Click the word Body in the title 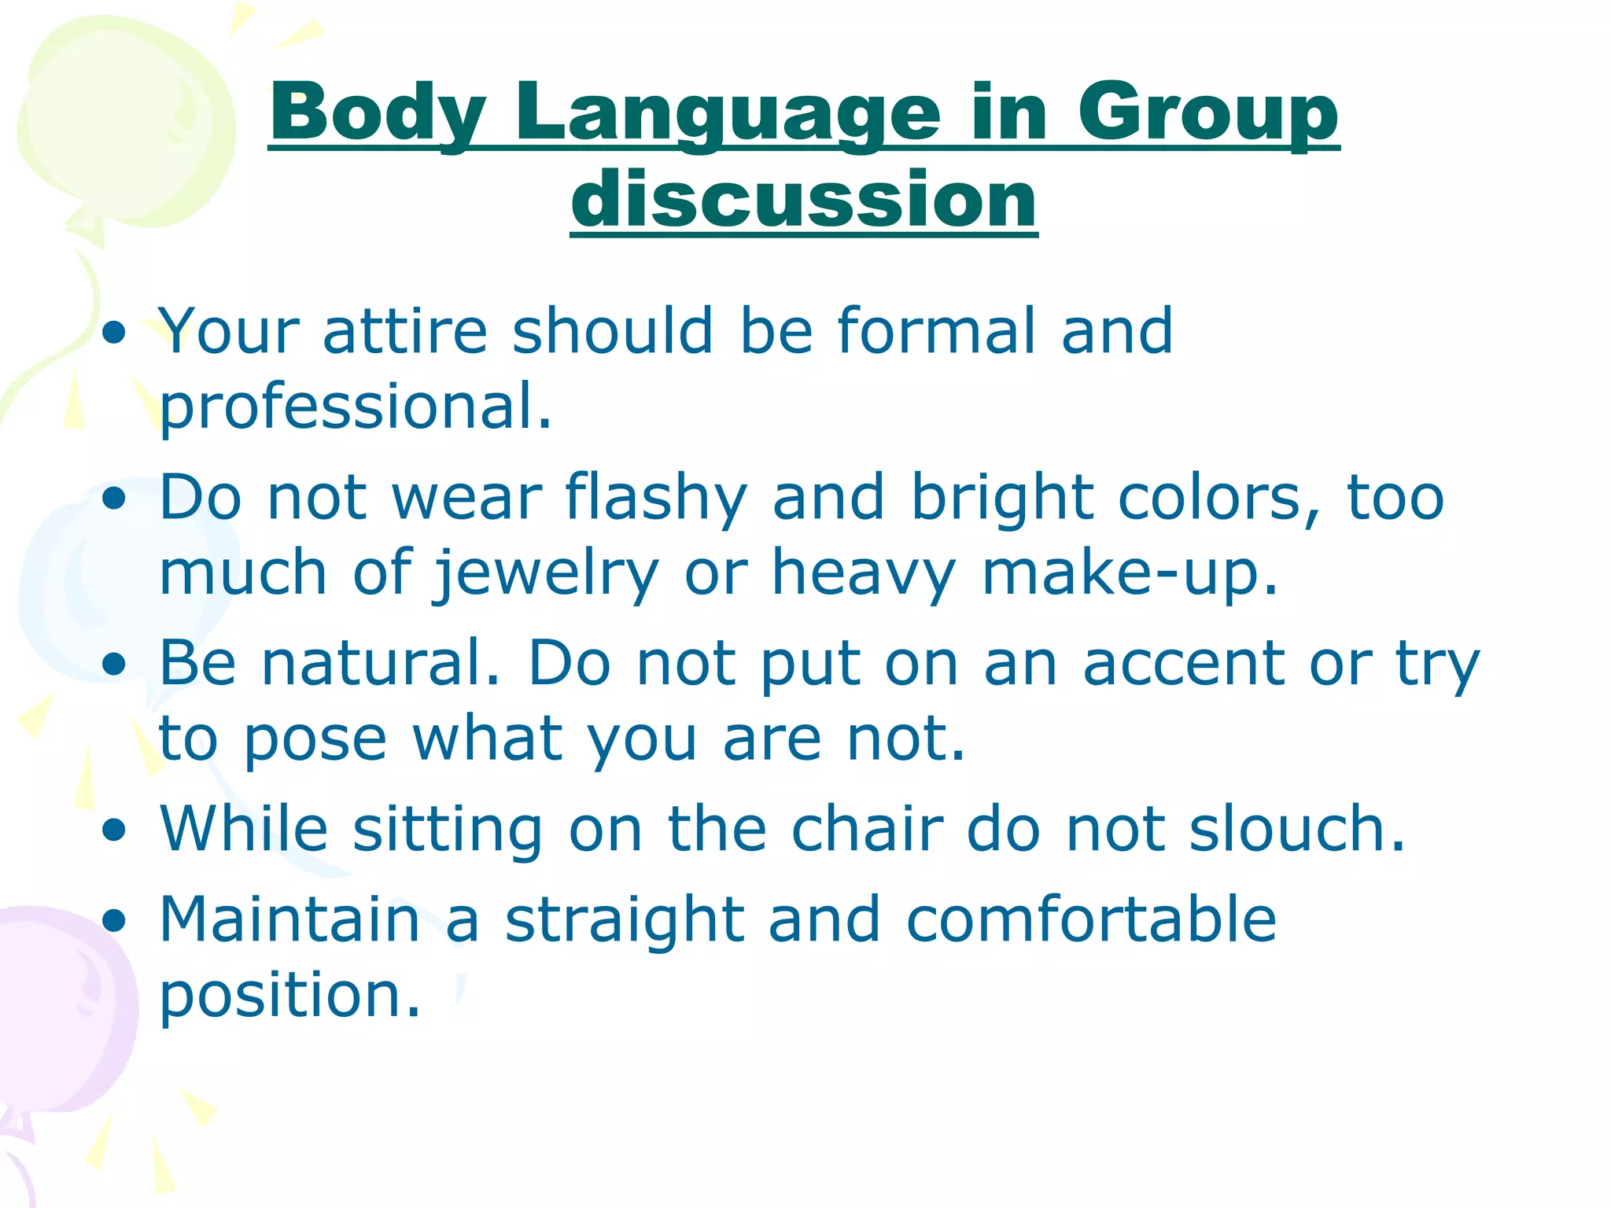click(378, 114)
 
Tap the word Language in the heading click(728, 114)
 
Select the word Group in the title click(1207, 114)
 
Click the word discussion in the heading click(804, 200)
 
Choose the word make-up click(1130, 573)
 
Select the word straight click(625, 920)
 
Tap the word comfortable click(1091, 920)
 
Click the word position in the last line click(289, 996)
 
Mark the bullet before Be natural click(115, 664)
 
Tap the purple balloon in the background click(55, 1015)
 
